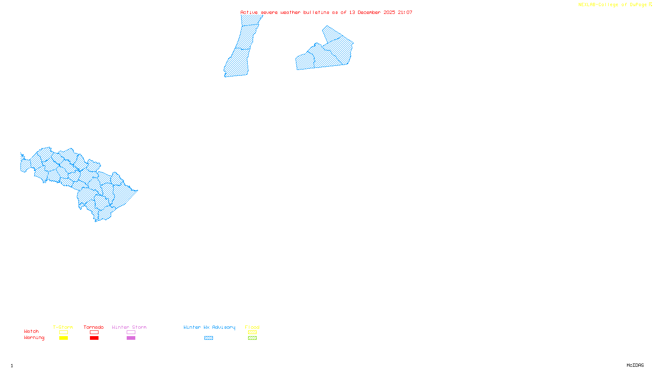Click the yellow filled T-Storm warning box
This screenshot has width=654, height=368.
[63, 338]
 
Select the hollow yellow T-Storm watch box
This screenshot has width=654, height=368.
[63, 332]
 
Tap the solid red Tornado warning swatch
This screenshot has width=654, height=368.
[94, 338]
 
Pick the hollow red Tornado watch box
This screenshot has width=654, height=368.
[94, 332]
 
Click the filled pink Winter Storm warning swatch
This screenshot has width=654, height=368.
[131, 338]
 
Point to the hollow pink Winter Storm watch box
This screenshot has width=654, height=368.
[131, 332]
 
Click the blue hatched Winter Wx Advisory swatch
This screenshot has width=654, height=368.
[208, 338]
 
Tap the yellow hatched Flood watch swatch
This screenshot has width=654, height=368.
[252, 332]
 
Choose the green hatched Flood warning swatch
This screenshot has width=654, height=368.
[252, 338]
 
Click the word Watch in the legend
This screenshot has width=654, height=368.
[31, 332]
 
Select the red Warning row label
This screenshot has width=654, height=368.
[34, 338]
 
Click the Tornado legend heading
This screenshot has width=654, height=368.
[94, 327]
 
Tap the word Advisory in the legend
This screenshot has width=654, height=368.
[224, 327]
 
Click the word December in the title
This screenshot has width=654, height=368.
[369, 12]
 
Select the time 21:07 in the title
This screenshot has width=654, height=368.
[405, 12]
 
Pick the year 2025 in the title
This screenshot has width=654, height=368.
[389, 12]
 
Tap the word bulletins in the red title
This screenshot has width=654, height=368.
[316, 12]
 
